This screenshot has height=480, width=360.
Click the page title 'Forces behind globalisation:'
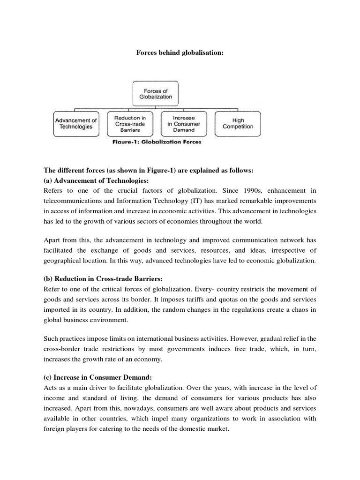point(180,53)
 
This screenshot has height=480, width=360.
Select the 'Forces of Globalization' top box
point(152,93)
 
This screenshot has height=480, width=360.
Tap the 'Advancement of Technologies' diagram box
point(76,123)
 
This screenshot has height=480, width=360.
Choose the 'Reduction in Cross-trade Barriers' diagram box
point(130,123)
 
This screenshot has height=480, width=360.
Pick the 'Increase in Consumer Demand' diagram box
point(184,123)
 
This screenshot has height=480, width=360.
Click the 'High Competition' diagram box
point(238,123)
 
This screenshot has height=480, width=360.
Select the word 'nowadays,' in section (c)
point(149,408)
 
